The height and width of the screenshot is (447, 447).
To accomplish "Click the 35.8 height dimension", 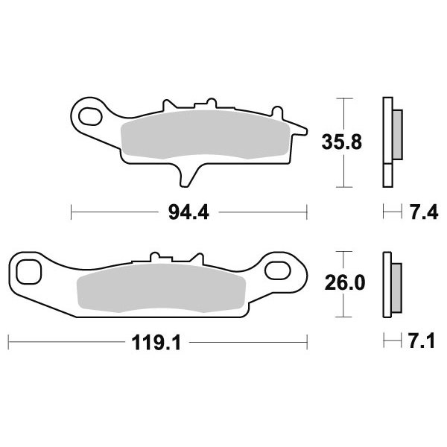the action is coord(342,142).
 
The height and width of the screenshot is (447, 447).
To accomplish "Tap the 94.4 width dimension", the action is coord(188,212).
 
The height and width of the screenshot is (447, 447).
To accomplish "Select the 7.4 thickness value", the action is coord(424,212).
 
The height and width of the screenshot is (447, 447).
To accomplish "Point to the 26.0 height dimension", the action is coord(345,283).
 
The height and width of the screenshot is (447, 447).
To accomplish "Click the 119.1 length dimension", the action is coord(156,343).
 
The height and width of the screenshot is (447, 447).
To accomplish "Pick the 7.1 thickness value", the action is coord(422,341).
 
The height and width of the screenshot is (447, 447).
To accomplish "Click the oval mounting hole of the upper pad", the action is coord(90,116).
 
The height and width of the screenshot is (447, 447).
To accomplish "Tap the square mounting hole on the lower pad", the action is coord(29,272).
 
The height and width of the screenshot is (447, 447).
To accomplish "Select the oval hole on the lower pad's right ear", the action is coord(278,270).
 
